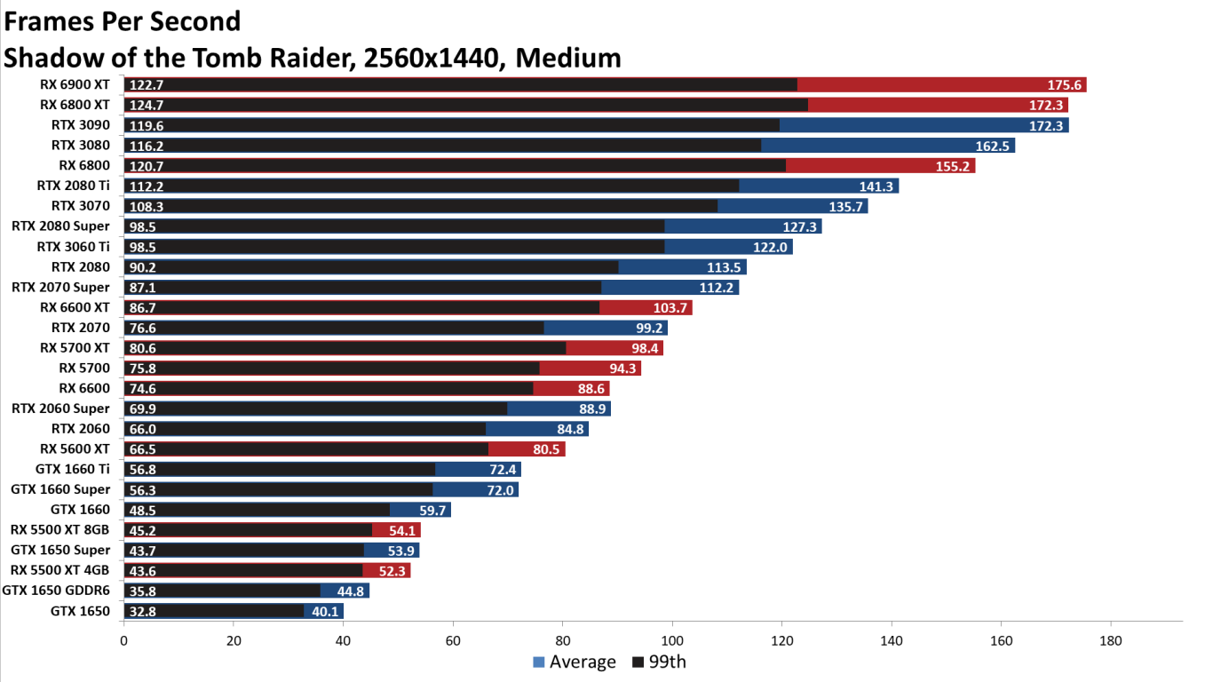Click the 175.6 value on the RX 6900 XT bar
click(1065, 85)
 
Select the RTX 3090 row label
click(81, 125)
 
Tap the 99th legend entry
click(659, 662)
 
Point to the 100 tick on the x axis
click(672, 640)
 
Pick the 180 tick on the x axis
click(1111, 640)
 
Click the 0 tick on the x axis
click(123, 640)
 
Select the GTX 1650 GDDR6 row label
click(56, 591)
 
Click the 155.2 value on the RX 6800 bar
click(954, 166)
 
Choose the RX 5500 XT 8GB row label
click(60, 529)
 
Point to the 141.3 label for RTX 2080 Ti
click(877, 186)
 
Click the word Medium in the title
click(568, 58)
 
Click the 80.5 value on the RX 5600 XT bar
click(543, 449)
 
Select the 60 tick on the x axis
click(453, 640)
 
